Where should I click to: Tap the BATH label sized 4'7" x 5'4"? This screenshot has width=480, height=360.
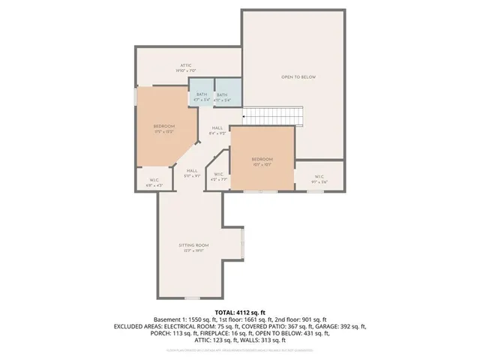201,95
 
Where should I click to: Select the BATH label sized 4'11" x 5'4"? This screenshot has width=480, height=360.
223,96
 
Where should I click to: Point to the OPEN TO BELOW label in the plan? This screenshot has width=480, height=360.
296,76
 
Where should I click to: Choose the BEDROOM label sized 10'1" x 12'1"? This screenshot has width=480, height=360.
262,160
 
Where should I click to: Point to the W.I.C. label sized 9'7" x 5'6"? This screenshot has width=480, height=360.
320,178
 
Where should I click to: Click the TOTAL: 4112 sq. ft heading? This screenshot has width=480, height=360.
239,311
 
